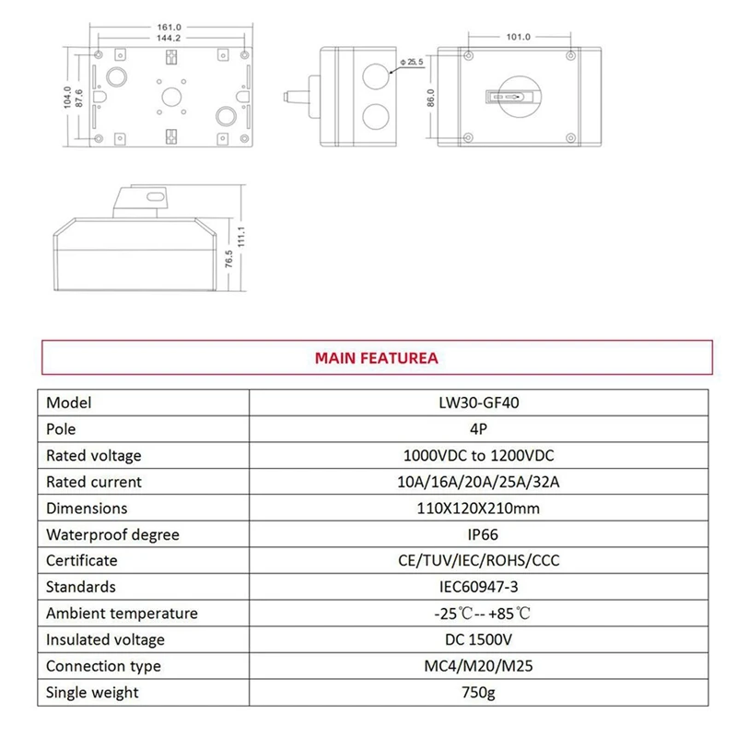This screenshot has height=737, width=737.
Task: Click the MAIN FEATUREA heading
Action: point(376,357)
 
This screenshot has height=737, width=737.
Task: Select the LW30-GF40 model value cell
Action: point(479,403)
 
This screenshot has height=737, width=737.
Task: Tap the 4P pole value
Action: point(479,429)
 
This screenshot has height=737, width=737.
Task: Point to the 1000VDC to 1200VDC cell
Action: point(479,455)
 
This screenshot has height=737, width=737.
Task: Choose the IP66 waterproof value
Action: point(479,534)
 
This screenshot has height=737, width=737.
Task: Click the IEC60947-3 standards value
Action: point(479,587)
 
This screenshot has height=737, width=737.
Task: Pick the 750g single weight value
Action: point(479,693)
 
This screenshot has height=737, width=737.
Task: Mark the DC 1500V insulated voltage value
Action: point(479,639)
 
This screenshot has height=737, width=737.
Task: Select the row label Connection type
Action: point(103,666)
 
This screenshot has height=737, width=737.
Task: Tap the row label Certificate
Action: point(82,560)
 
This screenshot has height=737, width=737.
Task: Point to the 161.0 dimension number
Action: point(170,27)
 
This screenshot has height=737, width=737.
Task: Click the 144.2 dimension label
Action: point(170,39)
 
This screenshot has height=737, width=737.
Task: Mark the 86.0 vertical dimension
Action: point(431,98)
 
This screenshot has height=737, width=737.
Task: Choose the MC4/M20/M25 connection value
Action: point(479,666)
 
